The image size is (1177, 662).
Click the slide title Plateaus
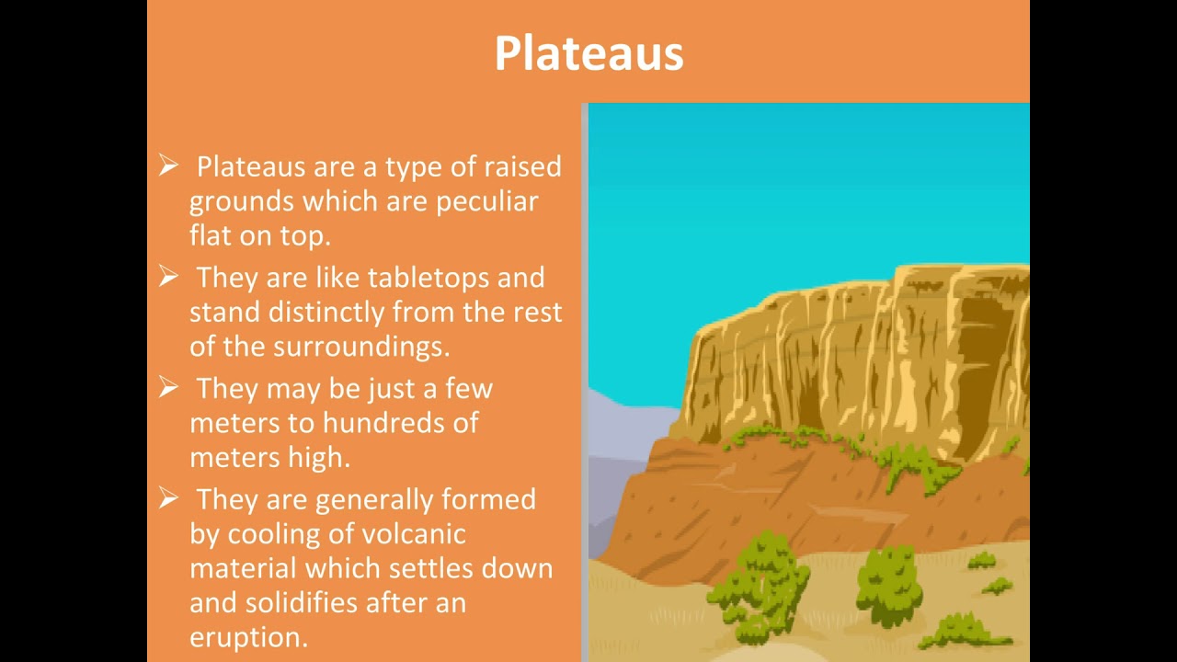(588, 53)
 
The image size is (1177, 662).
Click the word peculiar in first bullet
(486, 201)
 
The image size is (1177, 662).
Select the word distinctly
(326, 312)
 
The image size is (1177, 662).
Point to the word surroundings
(360, 347)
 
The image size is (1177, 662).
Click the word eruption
(248, 638)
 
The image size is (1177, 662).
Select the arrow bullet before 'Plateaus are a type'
(168, 165)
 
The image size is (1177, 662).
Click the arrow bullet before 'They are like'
(168, 277)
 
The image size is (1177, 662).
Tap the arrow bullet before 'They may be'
(168, 387)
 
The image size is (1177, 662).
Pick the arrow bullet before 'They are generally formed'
(168, 498)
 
